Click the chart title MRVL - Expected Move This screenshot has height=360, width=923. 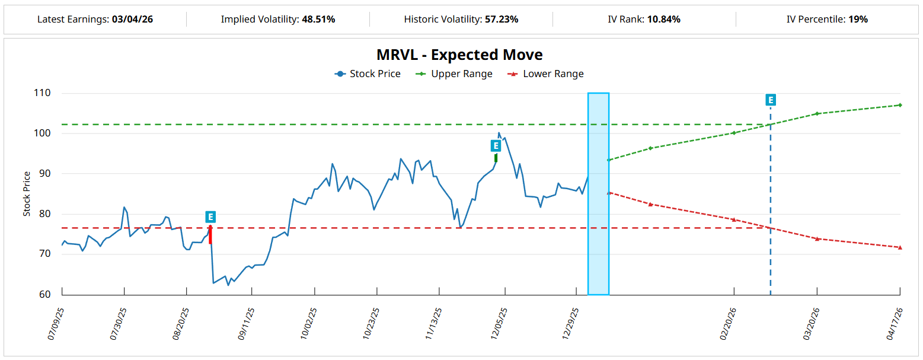[459, 55]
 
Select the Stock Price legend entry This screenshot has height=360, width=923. [368, 74]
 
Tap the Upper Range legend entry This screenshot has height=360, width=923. [455, 74]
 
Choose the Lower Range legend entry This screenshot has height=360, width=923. [547, 74]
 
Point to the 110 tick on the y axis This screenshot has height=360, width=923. [42, 93]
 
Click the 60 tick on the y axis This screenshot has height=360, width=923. [44, 294]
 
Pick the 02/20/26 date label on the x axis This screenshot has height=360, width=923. [728, 323]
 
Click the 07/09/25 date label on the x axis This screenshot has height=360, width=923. [55, 323]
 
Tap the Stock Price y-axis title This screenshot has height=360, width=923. [27, 194]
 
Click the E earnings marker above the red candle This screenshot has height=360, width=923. [210, 217]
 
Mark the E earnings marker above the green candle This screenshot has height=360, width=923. [496, 146]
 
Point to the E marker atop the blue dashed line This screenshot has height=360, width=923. [771, 100]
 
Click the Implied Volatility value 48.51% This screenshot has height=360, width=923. [318, 20]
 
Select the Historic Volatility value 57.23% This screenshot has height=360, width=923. [502, 20]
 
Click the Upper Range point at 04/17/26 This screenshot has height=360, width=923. [900, 105]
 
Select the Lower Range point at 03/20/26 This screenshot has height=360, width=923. [817, 238]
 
